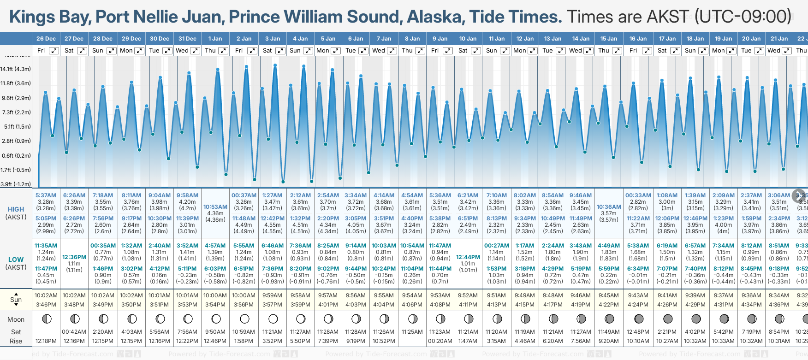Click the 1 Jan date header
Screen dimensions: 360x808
click(x=215, y=39)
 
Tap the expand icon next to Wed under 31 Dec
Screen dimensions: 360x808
click(x=195, y=51)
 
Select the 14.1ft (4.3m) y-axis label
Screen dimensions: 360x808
click(x=16, y=69)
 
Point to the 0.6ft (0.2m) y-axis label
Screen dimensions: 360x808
click(x=16, y=156)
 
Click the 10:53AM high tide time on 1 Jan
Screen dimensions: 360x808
click(x=215, y=207)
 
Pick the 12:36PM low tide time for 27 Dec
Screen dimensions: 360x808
click(x=74, y=257)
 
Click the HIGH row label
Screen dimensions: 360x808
click(x=16, y=209)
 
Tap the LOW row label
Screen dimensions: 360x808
click(x=16, y=260)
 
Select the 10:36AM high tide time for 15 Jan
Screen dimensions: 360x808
click(x=609, y=207)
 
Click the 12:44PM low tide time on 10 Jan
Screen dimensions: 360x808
click(x=468, y=257)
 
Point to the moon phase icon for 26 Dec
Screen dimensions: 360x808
click(x=46, y=319)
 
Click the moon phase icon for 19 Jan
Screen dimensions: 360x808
click(x=724, y=319)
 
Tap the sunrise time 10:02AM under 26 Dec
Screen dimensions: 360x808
click(x=46, y=295)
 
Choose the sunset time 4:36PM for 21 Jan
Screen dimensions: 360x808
click(x=779, y=305)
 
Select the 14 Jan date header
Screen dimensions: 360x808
click(x=581, y=39)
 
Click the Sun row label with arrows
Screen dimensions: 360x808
click(x=16, y=300)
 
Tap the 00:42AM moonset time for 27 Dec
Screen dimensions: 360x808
click(x=74, y=332)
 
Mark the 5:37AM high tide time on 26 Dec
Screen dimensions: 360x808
click(x=46, y=195)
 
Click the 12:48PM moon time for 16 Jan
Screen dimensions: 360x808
click(x=638, y=332)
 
